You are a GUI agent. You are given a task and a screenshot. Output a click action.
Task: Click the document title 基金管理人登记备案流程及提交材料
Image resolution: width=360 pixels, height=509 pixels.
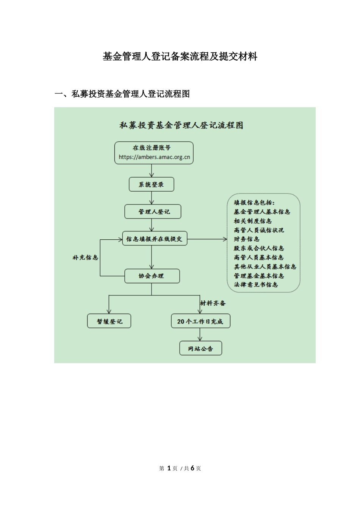point(180,57)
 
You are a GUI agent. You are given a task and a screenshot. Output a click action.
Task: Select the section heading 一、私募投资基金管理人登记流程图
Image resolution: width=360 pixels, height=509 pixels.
point(122,94)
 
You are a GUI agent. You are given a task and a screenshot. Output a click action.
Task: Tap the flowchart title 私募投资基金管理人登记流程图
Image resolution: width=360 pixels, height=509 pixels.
point(181,125)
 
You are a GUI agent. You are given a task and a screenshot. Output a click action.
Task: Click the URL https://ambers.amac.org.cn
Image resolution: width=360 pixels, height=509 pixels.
point(154,157)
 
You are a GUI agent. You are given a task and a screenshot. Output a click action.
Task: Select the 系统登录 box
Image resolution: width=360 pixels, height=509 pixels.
point(151,185)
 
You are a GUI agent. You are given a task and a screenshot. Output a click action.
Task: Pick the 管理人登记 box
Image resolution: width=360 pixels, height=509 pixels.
point(153,212)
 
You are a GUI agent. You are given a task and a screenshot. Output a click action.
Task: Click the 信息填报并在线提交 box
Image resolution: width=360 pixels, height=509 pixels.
point(154,239)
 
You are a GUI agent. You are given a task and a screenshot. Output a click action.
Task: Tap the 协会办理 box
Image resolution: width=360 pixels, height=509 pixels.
point(152,276)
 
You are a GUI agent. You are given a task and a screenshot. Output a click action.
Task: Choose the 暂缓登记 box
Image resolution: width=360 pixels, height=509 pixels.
point(109,322)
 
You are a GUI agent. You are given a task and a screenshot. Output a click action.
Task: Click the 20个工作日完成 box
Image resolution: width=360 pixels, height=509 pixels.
point(200,322)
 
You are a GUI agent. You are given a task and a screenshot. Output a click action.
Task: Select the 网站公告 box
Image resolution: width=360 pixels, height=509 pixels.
point(200,349)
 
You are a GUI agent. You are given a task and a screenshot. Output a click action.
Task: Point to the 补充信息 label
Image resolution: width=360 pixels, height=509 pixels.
point(85,258)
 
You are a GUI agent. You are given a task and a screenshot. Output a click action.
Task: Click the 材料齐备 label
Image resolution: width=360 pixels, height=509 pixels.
point(213,303)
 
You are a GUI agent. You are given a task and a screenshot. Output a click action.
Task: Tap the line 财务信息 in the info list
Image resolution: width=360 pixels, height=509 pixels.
point(247,239)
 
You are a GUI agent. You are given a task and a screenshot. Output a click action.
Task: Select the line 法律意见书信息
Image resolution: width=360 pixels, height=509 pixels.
point(256,284)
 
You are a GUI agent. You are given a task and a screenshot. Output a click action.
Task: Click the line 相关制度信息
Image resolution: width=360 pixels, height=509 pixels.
point(253,221)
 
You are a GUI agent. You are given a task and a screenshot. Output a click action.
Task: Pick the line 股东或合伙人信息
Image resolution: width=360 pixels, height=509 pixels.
point(259,248)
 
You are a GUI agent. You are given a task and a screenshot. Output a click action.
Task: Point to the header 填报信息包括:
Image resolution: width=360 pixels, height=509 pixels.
point(254,203)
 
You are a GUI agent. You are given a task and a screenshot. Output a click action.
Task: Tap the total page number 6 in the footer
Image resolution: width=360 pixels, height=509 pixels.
point(193,468)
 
